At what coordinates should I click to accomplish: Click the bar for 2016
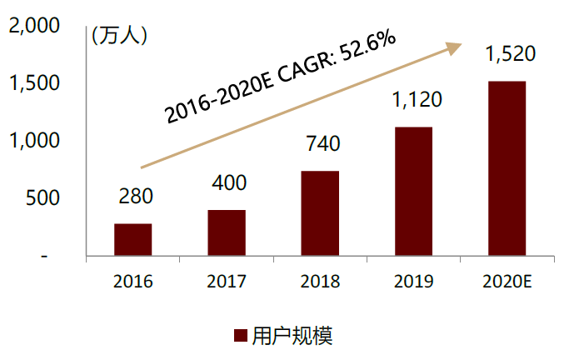132,240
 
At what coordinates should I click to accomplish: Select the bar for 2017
227,233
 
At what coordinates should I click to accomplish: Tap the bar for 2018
320,213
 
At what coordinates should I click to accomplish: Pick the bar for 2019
413,192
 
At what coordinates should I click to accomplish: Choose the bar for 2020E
507,168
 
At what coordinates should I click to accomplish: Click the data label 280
133,198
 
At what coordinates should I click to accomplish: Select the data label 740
321,143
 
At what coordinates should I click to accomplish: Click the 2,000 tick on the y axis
33,26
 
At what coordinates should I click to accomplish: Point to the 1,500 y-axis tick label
33,83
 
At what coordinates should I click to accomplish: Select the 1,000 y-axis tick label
33,141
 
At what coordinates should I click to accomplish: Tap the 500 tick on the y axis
42,198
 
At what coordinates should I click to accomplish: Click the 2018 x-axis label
320,282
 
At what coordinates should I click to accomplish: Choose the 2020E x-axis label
507,282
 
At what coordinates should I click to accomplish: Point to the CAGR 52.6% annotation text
280,77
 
